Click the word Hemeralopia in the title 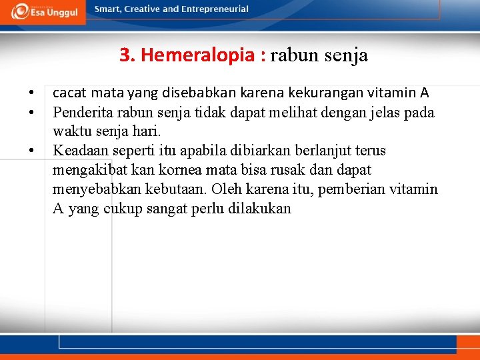point(203,55)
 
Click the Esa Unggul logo point(43,12)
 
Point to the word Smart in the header point(108,9)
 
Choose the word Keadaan point(79,151)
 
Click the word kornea point(179,170)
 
